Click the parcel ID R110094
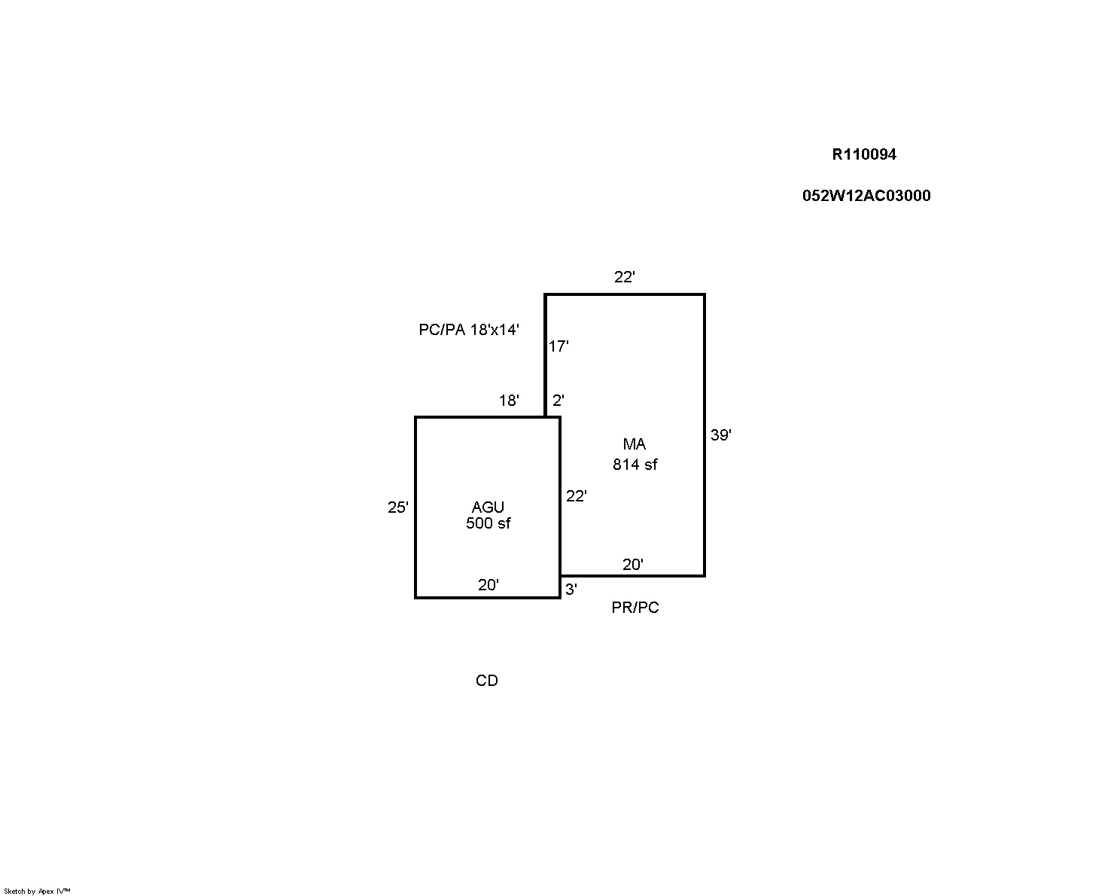point(864,154)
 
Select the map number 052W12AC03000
point(866,195)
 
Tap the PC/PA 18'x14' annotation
point(468,330)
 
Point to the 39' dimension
point(721,434)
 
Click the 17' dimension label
point(558,346)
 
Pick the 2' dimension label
point(558,401)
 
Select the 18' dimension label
point(509,401)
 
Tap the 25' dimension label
point(397,507)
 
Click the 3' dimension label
point(571,590)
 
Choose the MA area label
point(635,444)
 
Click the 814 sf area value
point(635,465)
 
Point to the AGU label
point(488,507)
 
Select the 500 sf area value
point(488,523)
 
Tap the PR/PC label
point(635,608)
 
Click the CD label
point(487,681)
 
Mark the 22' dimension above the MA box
point(625,277)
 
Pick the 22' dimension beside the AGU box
point(576,496)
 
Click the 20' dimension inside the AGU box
point(488,585)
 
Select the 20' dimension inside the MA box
point(633,565)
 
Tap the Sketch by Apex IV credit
point(37,891)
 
